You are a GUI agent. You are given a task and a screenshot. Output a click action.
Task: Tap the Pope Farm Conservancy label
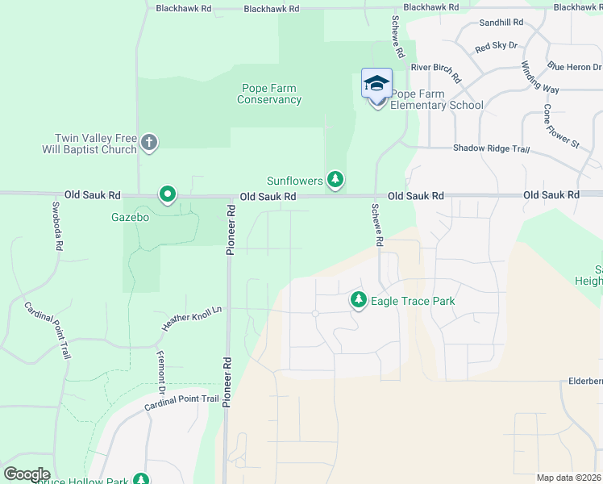point(270,94)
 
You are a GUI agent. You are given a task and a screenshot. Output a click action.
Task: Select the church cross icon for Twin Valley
point(148,143)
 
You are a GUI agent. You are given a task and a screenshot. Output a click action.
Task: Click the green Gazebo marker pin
point(168,194)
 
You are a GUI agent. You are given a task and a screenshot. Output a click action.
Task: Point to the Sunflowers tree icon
point(336,179)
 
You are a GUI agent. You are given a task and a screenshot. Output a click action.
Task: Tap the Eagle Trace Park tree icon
point(359,300)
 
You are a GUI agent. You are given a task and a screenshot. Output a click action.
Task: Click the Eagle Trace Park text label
point(413,302)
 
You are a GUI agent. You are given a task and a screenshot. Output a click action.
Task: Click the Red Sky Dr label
point(496,48)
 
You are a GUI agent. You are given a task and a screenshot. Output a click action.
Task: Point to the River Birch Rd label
point(435,73)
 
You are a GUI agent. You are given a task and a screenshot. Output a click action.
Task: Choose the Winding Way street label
point(539,77)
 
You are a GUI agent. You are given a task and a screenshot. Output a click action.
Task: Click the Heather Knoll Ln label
point(191,318)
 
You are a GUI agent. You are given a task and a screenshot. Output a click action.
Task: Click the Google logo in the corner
point(27,474)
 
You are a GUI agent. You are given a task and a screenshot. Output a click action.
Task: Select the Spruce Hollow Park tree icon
point(141,480)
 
